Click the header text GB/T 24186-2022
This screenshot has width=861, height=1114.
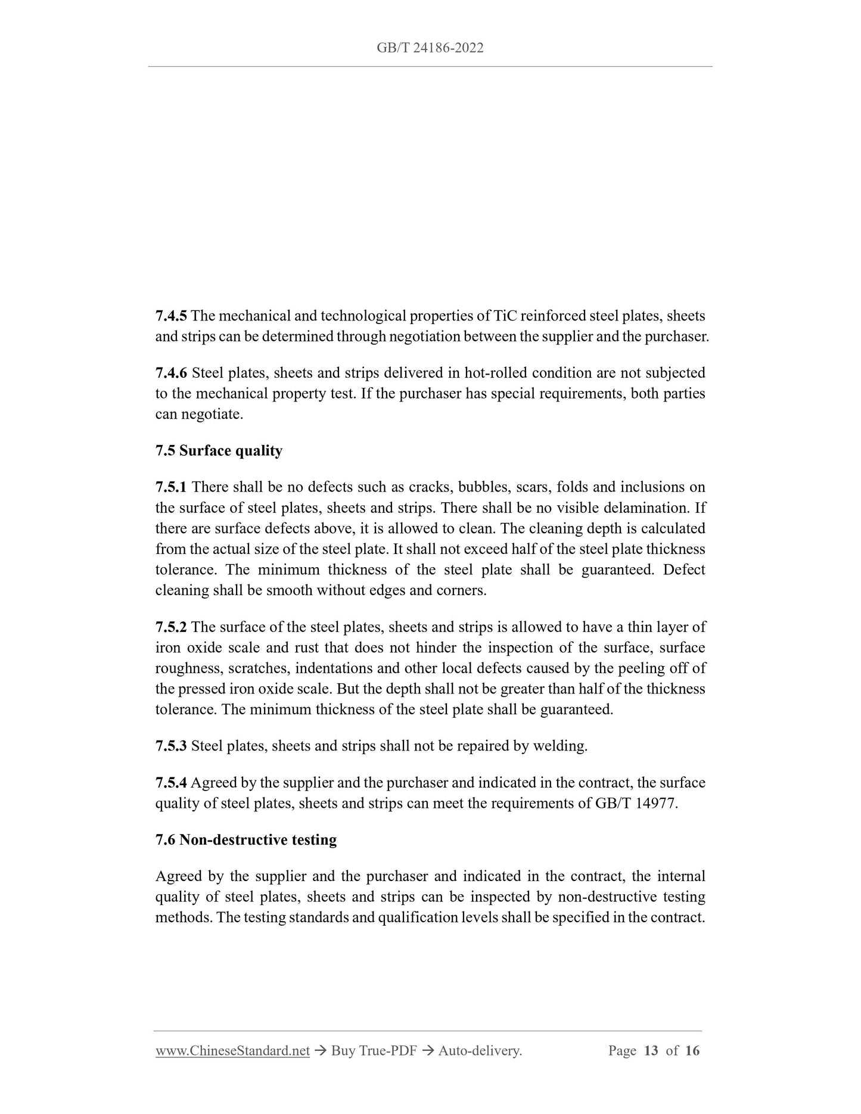point(430,48)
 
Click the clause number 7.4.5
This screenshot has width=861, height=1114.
point(170,316)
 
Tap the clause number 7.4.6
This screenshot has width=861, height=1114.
point(170,373)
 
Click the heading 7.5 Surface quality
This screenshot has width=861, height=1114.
point(219,450)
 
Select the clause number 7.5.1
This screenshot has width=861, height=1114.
point(170,487)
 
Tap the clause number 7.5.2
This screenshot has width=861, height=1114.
point(170,627)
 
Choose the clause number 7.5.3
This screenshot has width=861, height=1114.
point(170,746)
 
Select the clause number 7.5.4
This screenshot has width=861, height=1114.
point(170,783)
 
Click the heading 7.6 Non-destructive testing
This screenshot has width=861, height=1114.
point(245,840)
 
